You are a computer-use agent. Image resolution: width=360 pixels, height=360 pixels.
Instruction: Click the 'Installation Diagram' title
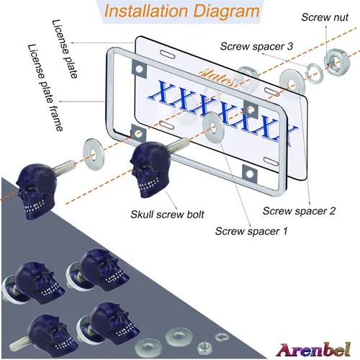182,12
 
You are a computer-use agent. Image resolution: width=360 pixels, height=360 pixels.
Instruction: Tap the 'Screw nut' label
325,17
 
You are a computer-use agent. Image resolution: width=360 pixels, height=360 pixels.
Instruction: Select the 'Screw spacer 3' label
256,46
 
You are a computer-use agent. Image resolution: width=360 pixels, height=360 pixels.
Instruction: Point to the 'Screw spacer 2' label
299,211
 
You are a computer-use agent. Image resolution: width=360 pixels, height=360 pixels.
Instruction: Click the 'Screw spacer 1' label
251,231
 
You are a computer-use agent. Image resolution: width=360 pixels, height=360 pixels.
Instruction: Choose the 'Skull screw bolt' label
167,215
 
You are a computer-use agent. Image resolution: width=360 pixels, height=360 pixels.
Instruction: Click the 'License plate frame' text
45,88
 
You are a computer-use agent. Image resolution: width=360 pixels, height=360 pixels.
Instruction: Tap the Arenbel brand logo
313,350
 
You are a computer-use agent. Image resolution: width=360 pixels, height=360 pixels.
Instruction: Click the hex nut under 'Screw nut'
337,61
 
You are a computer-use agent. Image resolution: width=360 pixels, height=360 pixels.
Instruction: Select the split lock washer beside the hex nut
315,73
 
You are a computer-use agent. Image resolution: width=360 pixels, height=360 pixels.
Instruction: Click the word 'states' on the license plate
217,77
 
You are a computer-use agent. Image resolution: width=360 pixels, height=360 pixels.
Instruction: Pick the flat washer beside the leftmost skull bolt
94,154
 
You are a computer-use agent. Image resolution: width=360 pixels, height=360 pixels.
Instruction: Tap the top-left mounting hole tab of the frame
139,69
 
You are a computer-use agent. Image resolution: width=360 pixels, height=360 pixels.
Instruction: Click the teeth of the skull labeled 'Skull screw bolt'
149,184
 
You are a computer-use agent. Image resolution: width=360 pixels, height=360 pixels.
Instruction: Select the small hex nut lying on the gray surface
204,348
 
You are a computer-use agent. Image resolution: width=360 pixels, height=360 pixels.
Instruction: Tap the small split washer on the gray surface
222,337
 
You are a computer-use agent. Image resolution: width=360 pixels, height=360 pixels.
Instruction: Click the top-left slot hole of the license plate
168,54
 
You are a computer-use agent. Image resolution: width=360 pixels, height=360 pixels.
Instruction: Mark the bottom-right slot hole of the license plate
271,161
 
